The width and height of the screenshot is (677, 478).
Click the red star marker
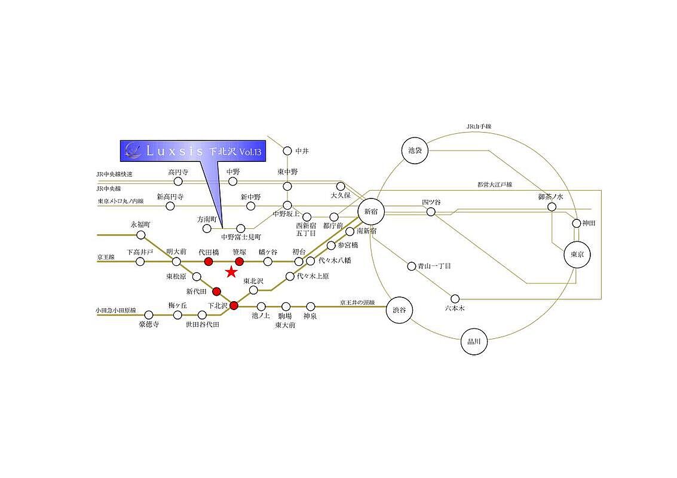pyautogui.click(x=231, y=272)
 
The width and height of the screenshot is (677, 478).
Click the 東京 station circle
pyautogui.click(x=577, y=254)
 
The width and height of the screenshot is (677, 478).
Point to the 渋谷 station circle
pyautogui.click(x=399, y=310)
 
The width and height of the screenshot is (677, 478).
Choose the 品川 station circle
pyautogui.click(x=474, y=343)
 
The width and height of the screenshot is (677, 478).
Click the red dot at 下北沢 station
pyautogui.click(x=234, y=306)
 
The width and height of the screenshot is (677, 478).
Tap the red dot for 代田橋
pyautogui.click(x=209, y=262)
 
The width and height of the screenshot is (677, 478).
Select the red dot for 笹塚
pyautogui.click(x=240, y=262)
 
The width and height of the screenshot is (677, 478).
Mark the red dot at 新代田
pyautogui.click(x=216, y=292)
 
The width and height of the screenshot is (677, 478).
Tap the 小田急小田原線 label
pyautogui.click(x=116, y=311)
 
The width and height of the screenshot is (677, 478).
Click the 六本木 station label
pyautogui.click(x=455, y=308)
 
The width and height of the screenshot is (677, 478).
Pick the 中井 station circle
pyautogui.click(x=287, y=151)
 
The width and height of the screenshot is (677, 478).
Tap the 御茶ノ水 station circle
pyautogui.click(x=552, y=207)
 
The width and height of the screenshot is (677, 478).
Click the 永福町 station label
pyautogui.click(x=140, y=224)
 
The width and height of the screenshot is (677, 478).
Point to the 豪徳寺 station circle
pyautogui.click(x=148, y=315)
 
